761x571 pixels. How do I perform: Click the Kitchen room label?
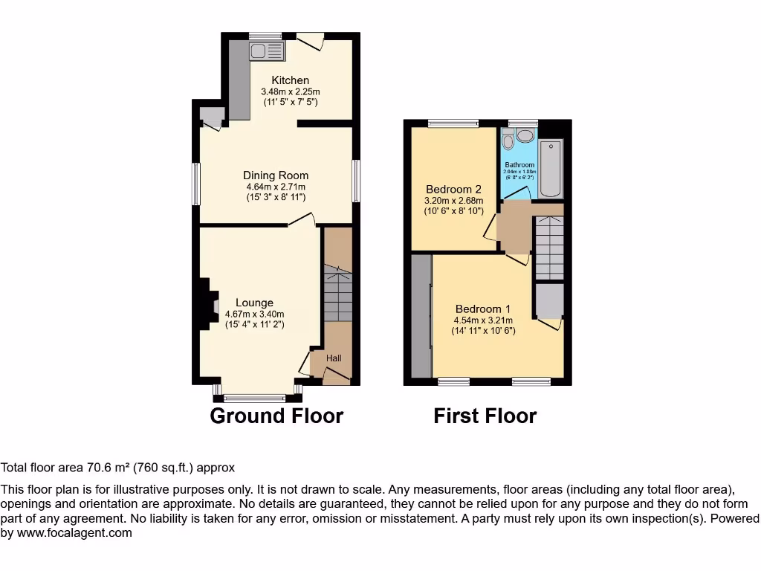290,80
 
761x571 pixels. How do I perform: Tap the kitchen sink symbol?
266,51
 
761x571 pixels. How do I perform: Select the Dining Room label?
275,175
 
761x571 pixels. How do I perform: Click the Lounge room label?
254,303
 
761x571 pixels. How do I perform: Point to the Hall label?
334,358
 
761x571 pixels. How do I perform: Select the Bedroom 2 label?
453,189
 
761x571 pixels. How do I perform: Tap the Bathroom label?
519,165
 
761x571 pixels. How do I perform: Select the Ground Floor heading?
276,416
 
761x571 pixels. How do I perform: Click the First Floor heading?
485,416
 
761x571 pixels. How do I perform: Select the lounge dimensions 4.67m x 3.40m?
254,314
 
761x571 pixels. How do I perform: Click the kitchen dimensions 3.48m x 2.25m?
290,91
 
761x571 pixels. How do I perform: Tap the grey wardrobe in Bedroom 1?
421,316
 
